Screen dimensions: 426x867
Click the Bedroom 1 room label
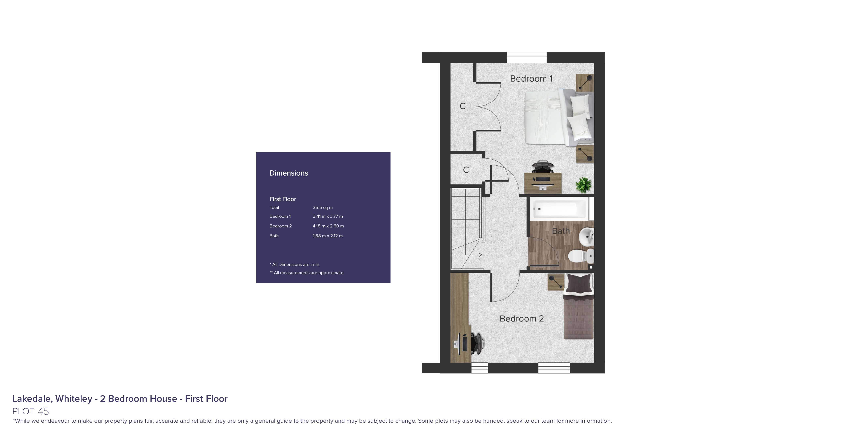(x=531, y=79)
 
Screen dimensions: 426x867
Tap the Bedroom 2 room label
(x=521, y=319)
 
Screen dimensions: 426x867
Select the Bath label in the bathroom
(x=561, y=231)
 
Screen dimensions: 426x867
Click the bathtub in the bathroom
(x=559, y=209)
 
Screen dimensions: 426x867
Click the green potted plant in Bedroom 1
(x=583, y=185)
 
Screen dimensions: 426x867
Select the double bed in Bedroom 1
(x=559, y=118)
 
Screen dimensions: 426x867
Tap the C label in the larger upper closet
(x=463, y=106)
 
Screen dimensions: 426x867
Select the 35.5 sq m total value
(x=323, y=207)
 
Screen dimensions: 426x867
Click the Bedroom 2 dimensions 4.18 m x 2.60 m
(x=328, y=226)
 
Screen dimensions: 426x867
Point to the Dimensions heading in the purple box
(x=288, y=173)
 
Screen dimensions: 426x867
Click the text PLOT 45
(x=31, y=411)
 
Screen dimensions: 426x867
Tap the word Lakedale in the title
(x=32, y=399)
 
